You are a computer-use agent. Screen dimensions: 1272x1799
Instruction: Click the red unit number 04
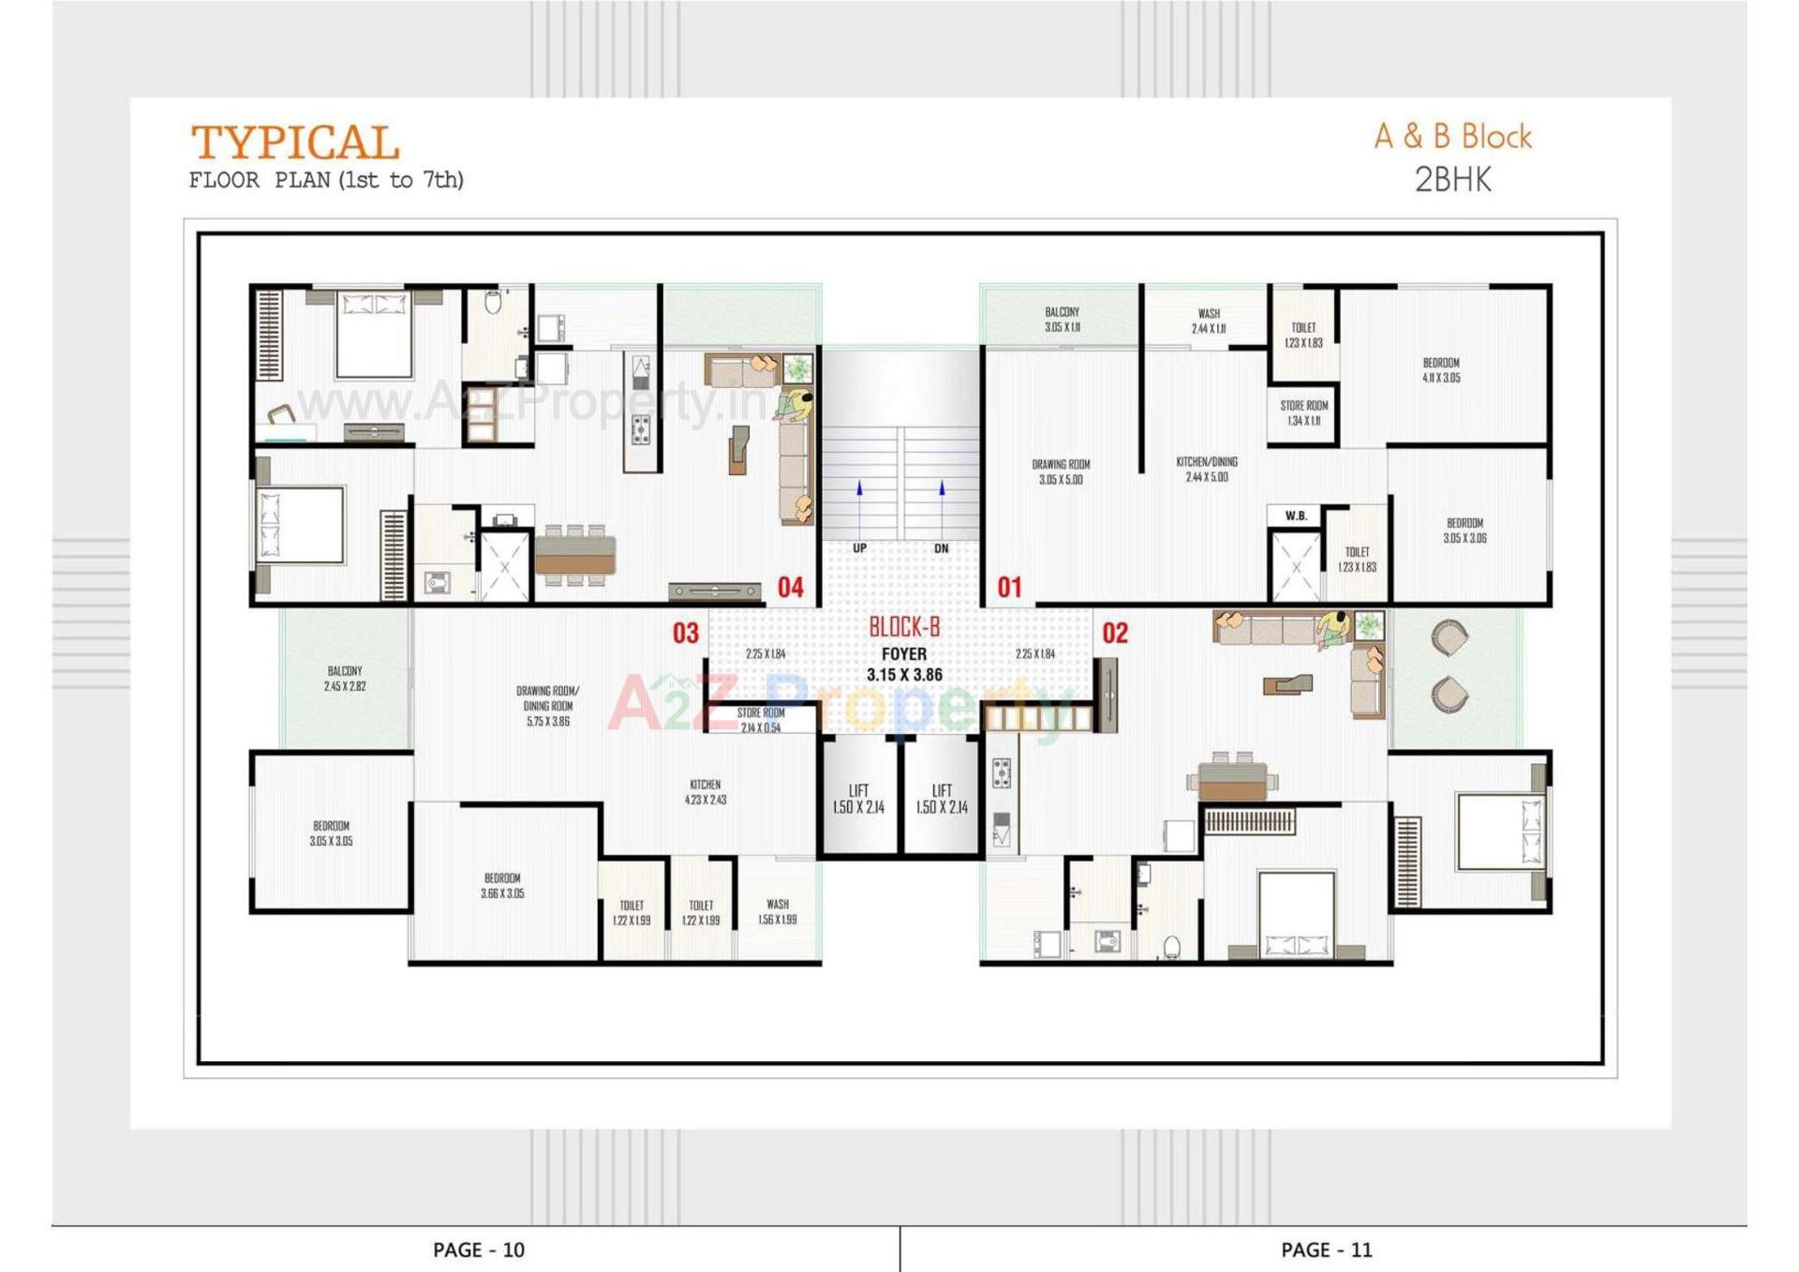(x=790, y=588)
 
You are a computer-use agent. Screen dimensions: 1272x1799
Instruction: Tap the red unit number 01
(x=1009, y=588)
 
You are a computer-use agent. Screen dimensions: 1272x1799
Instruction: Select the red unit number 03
(x=685, y=633)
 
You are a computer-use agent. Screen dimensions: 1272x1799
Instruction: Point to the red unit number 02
(x=1114, y=633)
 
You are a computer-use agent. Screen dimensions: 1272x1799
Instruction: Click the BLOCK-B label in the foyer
(x=903, y=627)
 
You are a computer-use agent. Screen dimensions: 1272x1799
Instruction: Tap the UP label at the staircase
(x=859, y=548)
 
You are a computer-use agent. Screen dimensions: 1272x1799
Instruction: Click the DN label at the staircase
(x=941, y=548)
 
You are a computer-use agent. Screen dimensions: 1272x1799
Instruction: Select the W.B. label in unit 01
(x=1296, y=516)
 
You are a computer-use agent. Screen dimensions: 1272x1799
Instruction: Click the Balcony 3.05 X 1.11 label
(x=1062, y=319)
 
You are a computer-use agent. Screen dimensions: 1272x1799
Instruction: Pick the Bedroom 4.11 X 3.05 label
(x=1440, y=369)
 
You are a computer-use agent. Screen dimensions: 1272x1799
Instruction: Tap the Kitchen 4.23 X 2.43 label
(x=705, y=792)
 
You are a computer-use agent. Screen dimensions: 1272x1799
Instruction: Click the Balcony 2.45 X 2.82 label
(x=345, y=679)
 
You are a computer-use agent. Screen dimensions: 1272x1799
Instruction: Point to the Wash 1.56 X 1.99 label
(x=777, y=911)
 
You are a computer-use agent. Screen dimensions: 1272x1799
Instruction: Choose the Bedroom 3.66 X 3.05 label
(x=502, y=886)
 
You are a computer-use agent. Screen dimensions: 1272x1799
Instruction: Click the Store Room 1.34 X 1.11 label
(x=1303, y=412)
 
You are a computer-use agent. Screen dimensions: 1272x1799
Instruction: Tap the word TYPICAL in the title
(x=295, y=143)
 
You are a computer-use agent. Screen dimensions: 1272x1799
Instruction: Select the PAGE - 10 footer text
(x=478, y=1250)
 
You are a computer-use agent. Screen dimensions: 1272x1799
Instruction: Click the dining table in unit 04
(x=574, y=555)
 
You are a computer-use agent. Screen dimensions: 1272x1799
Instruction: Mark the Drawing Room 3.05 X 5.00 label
(x=1061, y=471)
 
